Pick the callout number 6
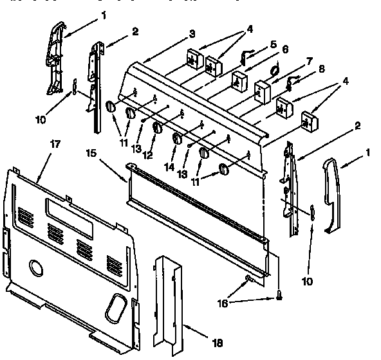pos(285,50)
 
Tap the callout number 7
pos(309,61)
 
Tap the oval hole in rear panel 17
pos(116,306)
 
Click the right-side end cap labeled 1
pos(333,193)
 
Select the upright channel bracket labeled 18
pos(169,302)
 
